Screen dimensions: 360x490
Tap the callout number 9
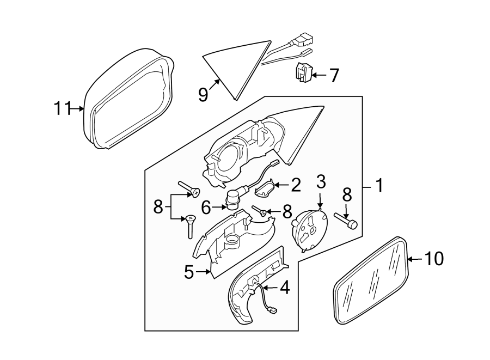[x=203, y=95]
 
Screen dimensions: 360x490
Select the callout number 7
[x=333, y=75]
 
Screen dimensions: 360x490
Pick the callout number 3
[x=321, y=181]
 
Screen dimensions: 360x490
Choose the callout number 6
[x=206, y=207]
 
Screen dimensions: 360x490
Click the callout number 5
[x=188, y=272]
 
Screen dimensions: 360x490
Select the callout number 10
[x=434, y=259]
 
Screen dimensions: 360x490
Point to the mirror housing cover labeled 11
[x=128, y=98]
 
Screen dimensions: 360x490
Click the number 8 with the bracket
[x=158, y=207]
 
